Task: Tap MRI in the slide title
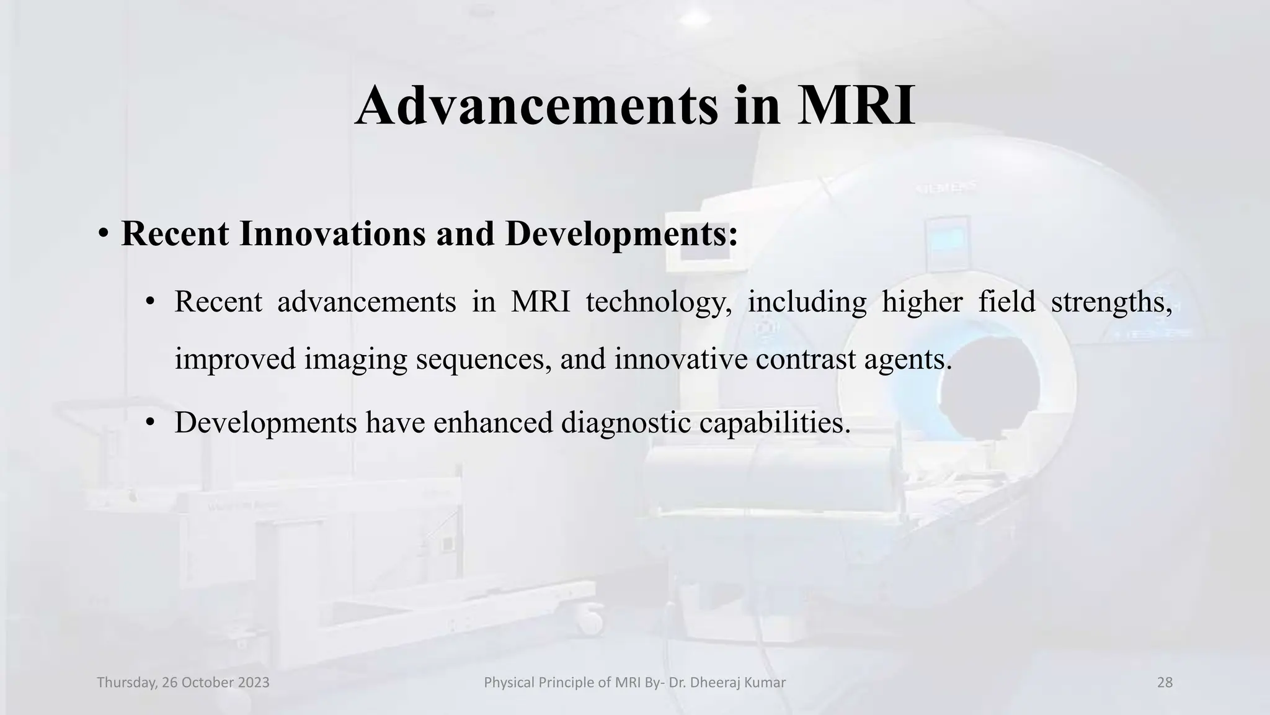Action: pos(856,106)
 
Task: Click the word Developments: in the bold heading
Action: pos(621,234)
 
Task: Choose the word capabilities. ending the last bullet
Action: pos(775,423)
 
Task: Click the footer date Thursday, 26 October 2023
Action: pos(183,683)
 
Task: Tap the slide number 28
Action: pos(1165,683)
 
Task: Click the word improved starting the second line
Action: pos(235,359)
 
